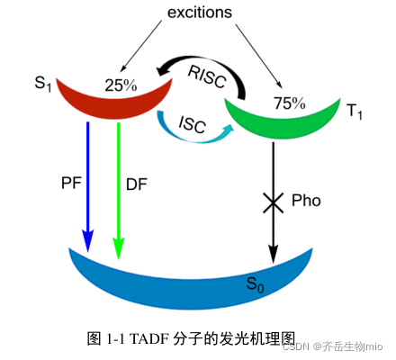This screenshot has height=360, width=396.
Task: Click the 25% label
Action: [x=120, y=86]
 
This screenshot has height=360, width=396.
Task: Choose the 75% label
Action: [x=289, y=103]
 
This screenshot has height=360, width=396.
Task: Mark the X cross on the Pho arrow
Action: [x=272, y=202]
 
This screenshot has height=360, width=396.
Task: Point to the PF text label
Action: [x=70, y=184]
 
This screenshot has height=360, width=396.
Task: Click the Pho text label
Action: [x=306, y=201]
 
